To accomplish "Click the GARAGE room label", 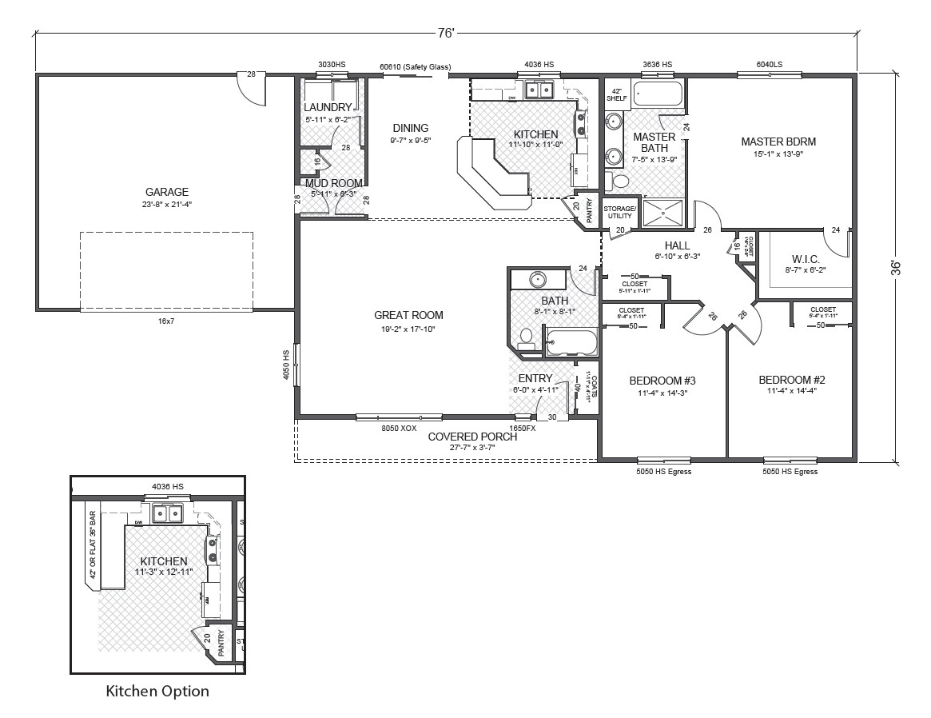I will pyautogui.click(x=167, y=192).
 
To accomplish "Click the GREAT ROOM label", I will pyautogui.click(x=408, y=315).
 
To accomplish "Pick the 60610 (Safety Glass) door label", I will pyautogui.click(x=415, y=66).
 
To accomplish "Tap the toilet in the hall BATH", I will pyautogui.click(x=526, y=337).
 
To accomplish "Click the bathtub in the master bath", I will pyautogui.click(x=658, y=95).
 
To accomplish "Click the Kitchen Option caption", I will pyautogui.click(x=157, y=691).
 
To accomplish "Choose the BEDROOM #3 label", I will pyautogui.click(x=662, y=380).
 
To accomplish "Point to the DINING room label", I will pyautogui.click(x=411, y=128).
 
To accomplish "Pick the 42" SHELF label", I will pyautogui.click(x=616, y=94).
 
